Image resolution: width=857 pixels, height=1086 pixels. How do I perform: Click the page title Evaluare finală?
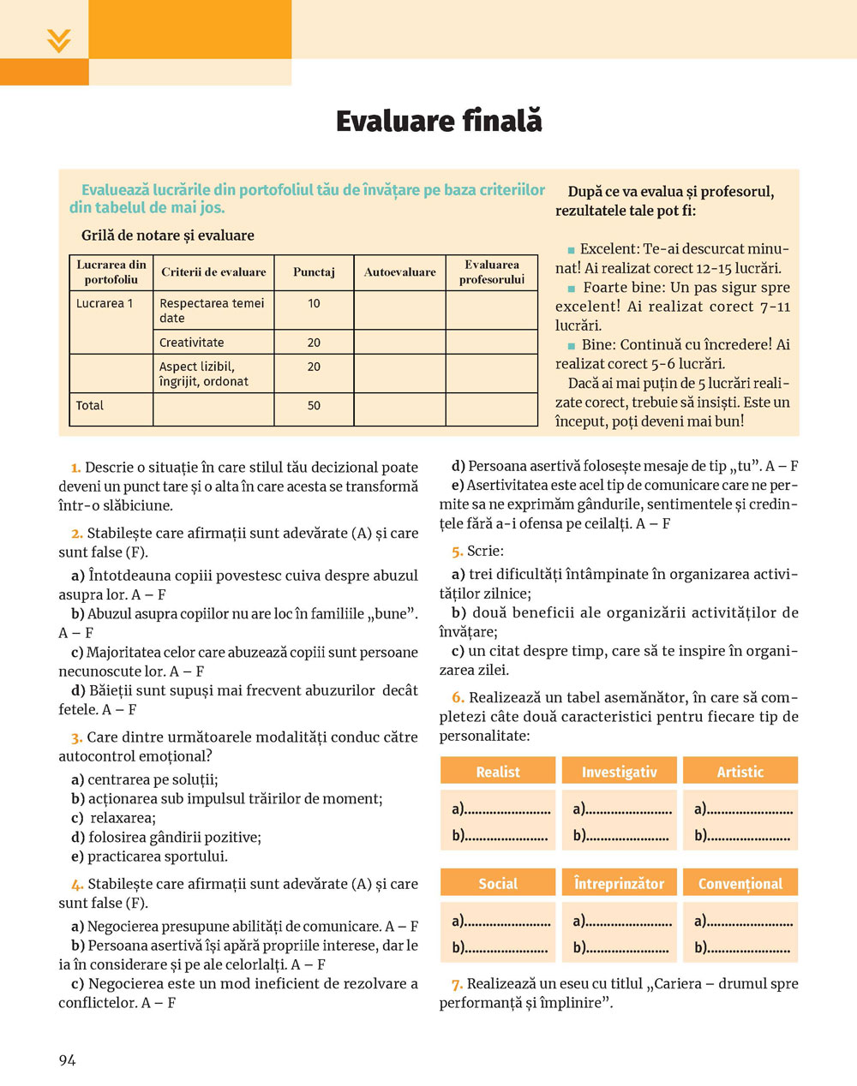click(439, 122)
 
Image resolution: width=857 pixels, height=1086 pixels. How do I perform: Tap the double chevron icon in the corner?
click(59, 40)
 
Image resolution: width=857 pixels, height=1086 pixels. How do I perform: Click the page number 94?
click(67, 1060)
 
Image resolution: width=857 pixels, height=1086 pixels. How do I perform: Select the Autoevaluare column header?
click(399, 272)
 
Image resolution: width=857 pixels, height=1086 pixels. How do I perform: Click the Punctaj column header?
click(314, 272)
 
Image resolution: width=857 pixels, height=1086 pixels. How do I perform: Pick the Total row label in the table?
click(90, 406)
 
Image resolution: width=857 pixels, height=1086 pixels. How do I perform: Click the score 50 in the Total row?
click(314, 406)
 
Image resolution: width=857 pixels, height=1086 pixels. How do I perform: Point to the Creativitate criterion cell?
click(192, 343)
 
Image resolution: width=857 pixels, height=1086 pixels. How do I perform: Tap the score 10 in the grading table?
click(314, 303)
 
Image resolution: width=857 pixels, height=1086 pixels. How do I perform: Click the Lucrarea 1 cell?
click(105, 303)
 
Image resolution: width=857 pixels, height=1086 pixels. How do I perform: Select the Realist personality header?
click(498, 772)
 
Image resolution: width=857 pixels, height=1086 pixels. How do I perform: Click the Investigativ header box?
click(619, 772)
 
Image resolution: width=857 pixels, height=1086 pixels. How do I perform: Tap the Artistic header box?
click(740, 772)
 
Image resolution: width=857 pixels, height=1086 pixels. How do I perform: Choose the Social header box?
click(498, 884)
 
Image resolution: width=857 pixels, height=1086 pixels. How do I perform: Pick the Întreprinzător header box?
click(619, 884)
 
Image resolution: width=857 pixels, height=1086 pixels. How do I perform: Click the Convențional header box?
click(740, 884)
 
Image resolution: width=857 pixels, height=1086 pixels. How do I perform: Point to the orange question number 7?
click(457, 984)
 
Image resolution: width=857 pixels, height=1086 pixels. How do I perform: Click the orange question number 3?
click(76, 737)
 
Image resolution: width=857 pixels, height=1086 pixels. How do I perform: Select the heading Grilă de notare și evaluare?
click(168, 236)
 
